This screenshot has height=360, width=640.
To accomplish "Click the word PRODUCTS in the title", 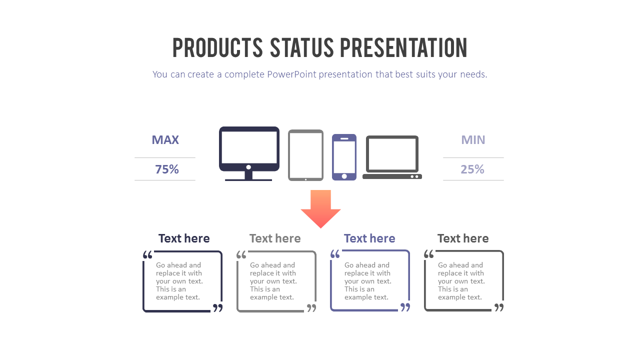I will click(x=217, y=48).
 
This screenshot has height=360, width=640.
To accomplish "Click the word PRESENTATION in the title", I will click(x=403, y=48).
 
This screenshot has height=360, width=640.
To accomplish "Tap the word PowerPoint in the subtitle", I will click(x=291, y=74).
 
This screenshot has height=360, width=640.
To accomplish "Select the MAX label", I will click(x=165, y=140).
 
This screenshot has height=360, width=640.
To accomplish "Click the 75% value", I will click(x=167, y=169).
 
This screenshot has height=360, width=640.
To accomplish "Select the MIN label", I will click(x=473, y=140).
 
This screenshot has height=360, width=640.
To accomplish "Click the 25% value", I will click(x=472, y=169).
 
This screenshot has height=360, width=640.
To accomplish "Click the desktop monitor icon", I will click(x=249, y=148).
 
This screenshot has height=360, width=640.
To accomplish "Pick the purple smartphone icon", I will click(x=344, y=156).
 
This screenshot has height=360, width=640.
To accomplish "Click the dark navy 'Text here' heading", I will click(x=184, y=238).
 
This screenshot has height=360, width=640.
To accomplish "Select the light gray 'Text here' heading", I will click(x=275, y=238).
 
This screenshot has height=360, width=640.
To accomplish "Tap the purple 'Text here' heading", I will click(x=369, y=238).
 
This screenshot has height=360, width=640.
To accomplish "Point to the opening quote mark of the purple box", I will click(x=335, y=254).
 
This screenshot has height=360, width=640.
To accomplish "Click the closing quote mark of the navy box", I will click(x=218, y=307).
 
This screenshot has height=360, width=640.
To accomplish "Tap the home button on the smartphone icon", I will click(x=344, y=176).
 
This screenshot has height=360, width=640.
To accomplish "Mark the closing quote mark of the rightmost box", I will click(x=499, y=307).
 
